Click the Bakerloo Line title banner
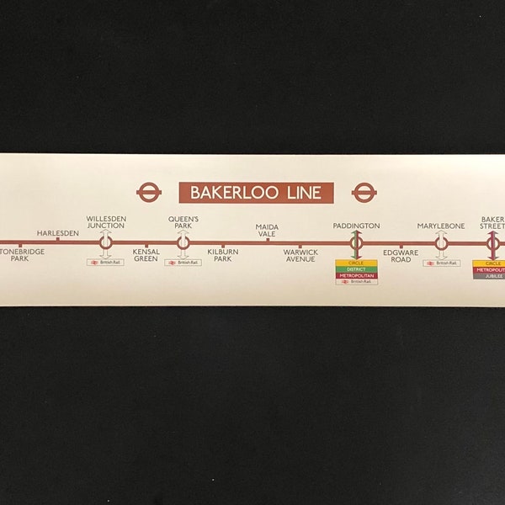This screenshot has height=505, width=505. click(x=256, y=193)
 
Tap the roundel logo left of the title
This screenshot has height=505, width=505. click(x=149, y=193)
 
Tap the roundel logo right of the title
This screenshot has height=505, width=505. click(x=364, y=193)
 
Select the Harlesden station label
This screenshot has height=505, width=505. click(x=58, y=232)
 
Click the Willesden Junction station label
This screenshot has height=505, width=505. click(x=106, y=222)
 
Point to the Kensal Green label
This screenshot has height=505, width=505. click(x=146, y=255)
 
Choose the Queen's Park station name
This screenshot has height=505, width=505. click(x=183, y=222)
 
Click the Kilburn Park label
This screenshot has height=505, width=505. click(x=222, y=255)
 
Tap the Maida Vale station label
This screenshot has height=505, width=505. click(x=267, y=231)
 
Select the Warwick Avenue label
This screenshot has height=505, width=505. click(x=300, y=255)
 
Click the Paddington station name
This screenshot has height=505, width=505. click(x=356, y=226)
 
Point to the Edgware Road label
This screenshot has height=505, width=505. click(x=401, y=255)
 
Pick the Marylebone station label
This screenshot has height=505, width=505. click(x=441, y=226)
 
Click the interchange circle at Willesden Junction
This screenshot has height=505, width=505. click(x=106, y=243)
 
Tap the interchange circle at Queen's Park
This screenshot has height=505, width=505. click(x=183, y=243)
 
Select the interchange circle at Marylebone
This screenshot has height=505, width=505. click(x=441, y=243)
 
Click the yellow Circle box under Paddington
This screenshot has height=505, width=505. click(x=356, y=263)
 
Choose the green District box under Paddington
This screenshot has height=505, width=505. click(x=356, y=269)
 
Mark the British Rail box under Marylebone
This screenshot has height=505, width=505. click(x=441, y=263)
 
